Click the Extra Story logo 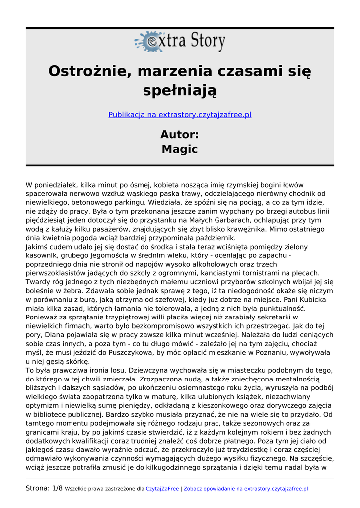pyautogui.click(x=180, y=41)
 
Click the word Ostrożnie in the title pyautogui.click(x=88, y=71)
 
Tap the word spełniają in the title pyautogui.click(x=180, y=91)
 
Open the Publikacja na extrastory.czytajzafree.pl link pyautogui.click(x=180, y=115)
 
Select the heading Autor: pyautogui.click(x=180, y=134)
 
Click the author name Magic pyautogui.click(x=180, y=149)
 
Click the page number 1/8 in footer pyautogui.click(x=57, y=489)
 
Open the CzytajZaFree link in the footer pyautogui.click(x=162, y=489)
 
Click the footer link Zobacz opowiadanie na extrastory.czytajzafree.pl pyautogui.click(x=246, y=489)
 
